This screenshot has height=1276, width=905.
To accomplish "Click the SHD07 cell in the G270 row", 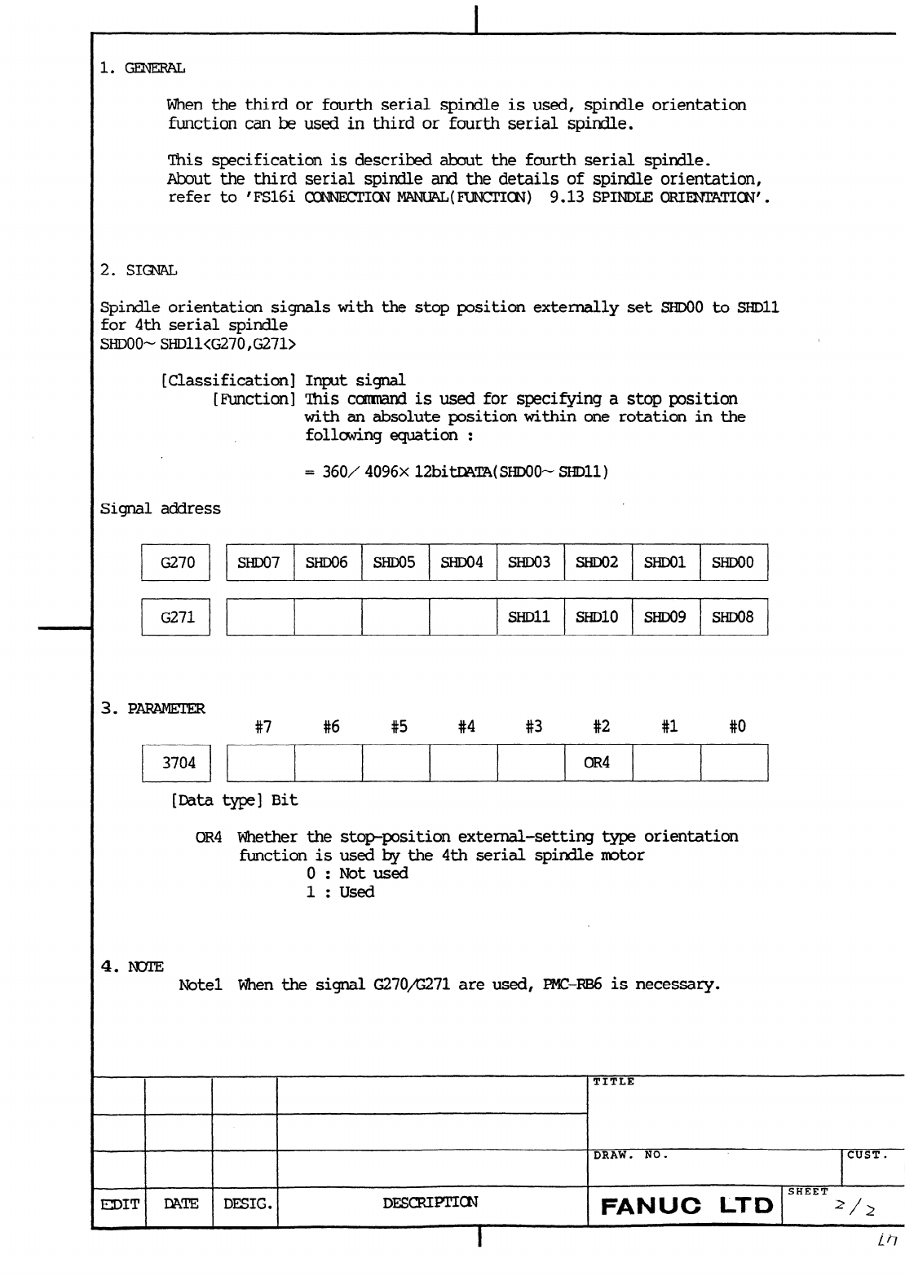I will pos(259,562).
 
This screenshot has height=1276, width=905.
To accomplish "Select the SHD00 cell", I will pos(733,562).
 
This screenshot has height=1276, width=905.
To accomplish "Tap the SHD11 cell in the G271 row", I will pos(529,617).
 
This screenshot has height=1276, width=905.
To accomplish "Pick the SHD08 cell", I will pos(733,617).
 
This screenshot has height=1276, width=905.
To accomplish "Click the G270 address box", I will pos(177,562).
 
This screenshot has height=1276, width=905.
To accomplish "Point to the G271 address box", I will pos(177,617).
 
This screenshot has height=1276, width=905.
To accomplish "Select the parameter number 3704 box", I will pos(179,763).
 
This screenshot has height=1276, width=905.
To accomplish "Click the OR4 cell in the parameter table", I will pos(597,763).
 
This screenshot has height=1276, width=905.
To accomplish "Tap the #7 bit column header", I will pos(263,727).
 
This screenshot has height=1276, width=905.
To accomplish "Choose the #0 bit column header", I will pos(737,727).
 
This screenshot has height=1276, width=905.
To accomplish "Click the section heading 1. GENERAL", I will pos(143,68).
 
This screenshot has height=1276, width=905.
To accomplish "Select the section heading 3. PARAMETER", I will pos(152,708).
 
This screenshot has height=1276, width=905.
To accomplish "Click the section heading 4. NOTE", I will pos(132,966).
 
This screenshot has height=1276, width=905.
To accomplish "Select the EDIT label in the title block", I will pos(119,1203).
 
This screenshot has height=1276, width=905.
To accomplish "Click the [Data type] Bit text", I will pos(234,800).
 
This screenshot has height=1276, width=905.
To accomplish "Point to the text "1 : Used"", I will pos(340,892).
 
